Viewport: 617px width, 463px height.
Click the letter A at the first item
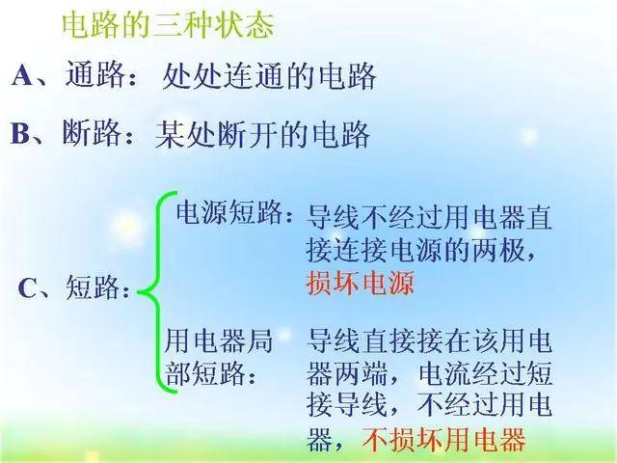[x=22, y=75]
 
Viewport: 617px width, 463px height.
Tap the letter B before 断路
[x=20, y=134]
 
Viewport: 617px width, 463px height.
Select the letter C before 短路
[x=27, y=288]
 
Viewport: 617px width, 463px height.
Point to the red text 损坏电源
[x=360, y=283]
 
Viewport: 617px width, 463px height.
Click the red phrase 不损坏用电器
[x=443, y=439]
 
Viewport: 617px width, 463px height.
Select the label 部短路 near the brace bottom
[x=204, y=372]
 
